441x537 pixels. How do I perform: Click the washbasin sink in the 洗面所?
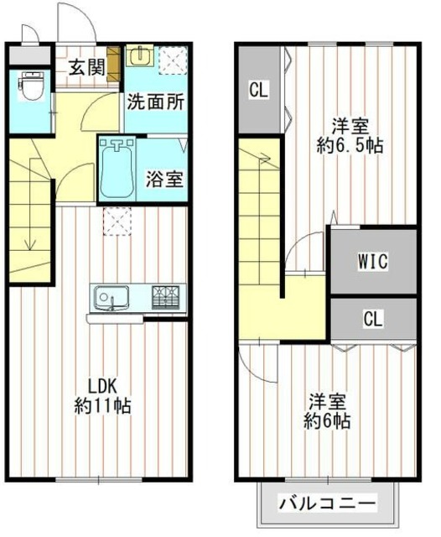pos(138,57)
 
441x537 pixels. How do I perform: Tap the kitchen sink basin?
pos(110,296)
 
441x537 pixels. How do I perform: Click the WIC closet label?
pos(373,261)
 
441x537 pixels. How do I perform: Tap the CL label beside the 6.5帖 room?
pos(258,90)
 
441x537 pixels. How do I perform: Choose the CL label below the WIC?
pos(374,319)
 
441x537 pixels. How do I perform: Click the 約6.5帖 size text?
pos(350,145)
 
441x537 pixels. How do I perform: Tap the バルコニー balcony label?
pos(327,505)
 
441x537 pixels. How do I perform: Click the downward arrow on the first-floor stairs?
pos(29,244)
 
